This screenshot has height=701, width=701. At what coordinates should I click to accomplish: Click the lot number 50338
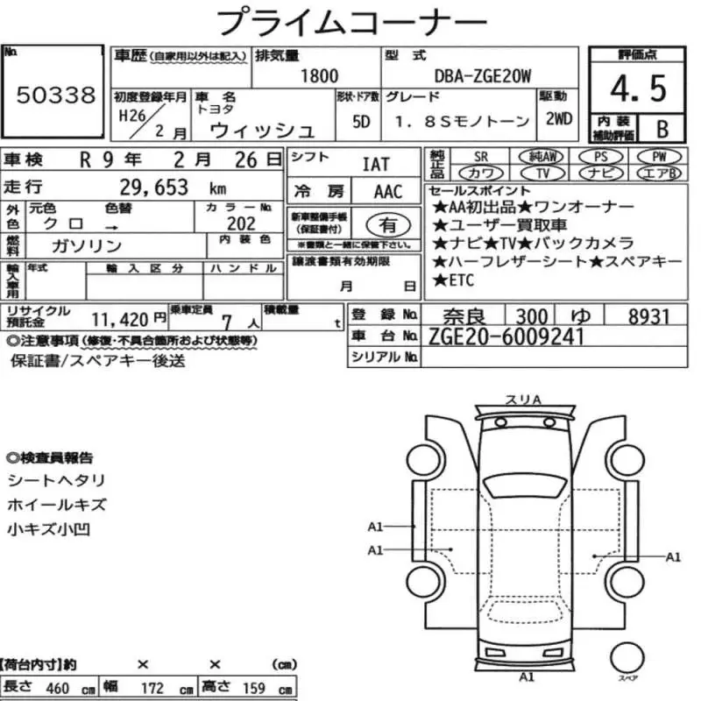pyautogui.click(x=55, y=96)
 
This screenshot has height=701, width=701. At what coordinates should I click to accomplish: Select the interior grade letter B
pyautogui.click(x=662, y=129)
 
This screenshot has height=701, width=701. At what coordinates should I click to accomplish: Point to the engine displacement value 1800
pyautogui.click(x=319, y=76)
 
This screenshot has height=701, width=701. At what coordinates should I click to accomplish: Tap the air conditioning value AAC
pyautogui.click(x=388, y=192)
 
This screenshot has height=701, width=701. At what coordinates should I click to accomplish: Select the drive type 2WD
pyautogui.click(x=558, y=119)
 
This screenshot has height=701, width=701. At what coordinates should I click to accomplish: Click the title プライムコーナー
pyautogui.click(x=348, y=21)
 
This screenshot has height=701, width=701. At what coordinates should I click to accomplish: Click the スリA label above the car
pyautogui.click(x=523, y=400)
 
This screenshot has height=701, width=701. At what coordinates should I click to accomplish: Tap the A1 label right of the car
pyautogui.click(x=673, y=556)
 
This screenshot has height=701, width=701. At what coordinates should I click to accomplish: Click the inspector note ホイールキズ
pyautogui.click(x=56, y=505)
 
